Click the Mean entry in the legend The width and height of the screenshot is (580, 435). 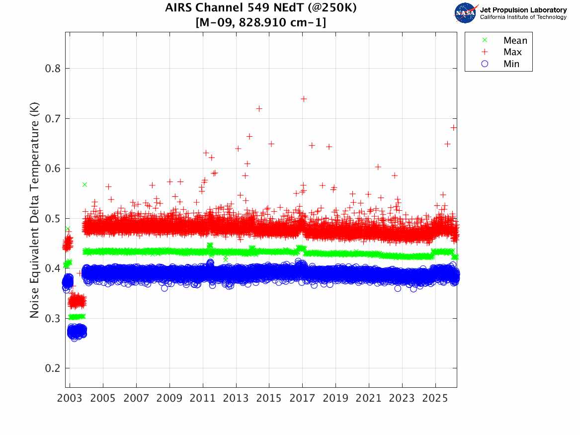pyautogui.click(x=515, y=41)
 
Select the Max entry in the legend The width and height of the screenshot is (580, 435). pyautogui.click(x=512, y=52)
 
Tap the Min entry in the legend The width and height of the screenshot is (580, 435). pyautogui.click(x=511, y=64)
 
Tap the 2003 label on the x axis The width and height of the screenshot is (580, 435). pyautogui.click(x=70, y=399)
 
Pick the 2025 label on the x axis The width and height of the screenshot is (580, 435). pyautogui.click(x=435, y=399)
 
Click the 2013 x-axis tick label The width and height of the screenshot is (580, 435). pyautogui.click(x=236, y=399)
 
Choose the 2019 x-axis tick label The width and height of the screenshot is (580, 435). pyautogui.click(x=336, y=399)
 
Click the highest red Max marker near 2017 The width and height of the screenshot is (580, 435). pyautogui.click(x=304, y=99)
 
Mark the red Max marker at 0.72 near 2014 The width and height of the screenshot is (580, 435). pyautogui.click(x=259, y=109)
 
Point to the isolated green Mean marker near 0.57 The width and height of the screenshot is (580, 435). pyautogui.click(x=84, y=184)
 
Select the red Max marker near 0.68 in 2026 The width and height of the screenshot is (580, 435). pyautogui.click(x=453, y=128)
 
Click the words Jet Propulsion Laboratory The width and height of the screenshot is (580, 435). pyautogui.click(x=523, y=10)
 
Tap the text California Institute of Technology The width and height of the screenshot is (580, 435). pyautogui.click(x=523, y=17)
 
